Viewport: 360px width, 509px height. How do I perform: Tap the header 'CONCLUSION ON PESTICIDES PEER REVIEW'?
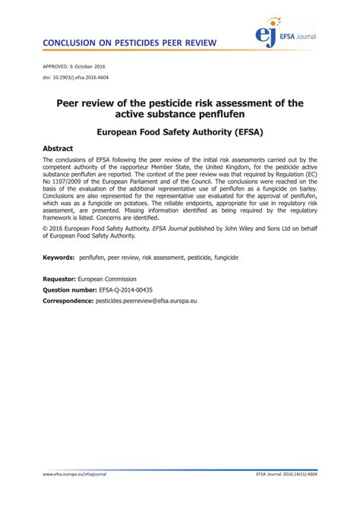click(x=128, y=43)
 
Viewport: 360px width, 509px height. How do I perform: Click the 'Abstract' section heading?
click(x=58, y=149)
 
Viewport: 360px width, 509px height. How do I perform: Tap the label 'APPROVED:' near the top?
click(x=55, y=66)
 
